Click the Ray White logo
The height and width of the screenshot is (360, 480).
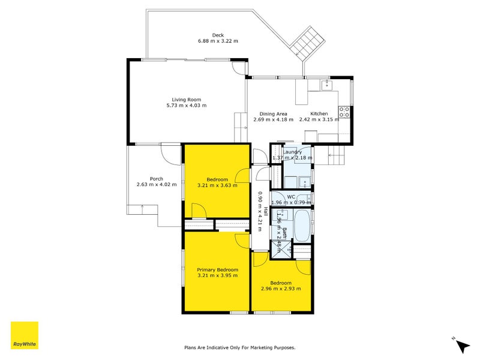point(25,335)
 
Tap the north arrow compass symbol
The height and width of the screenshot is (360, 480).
point(462,345)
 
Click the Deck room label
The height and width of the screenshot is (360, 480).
point(218,35)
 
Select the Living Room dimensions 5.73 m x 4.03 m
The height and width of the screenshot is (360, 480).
point(187,106)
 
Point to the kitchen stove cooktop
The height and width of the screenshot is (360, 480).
point(344,112)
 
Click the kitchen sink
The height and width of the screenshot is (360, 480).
point(326,85)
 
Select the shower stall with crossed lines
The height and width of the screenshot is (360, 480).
point(281,250)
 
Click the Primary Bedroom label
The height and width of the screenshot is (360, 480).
point(217,269)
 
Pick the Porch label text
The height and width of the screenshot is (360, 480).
point(157,179)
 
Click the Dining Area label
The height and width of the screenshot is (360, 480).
point(274,114)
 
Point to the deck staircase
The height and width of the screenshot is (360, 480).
point(308,43)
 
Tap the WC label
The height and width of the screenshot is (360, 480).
point(291,197)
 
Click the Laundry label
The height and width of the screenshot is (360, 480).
point(292,152)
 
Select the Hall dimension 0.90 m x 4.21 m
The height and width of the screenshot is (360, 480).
point(260,211)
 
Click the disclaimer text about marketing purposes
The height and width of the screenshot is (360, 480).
point(239,347)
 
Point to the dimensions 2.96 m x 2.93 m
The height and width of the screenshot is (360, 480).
point(281,289)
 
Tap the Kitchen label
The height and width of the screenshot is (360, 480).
point(319,113)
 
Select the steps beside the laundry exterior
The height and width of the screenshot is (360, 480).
point(337,155)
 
